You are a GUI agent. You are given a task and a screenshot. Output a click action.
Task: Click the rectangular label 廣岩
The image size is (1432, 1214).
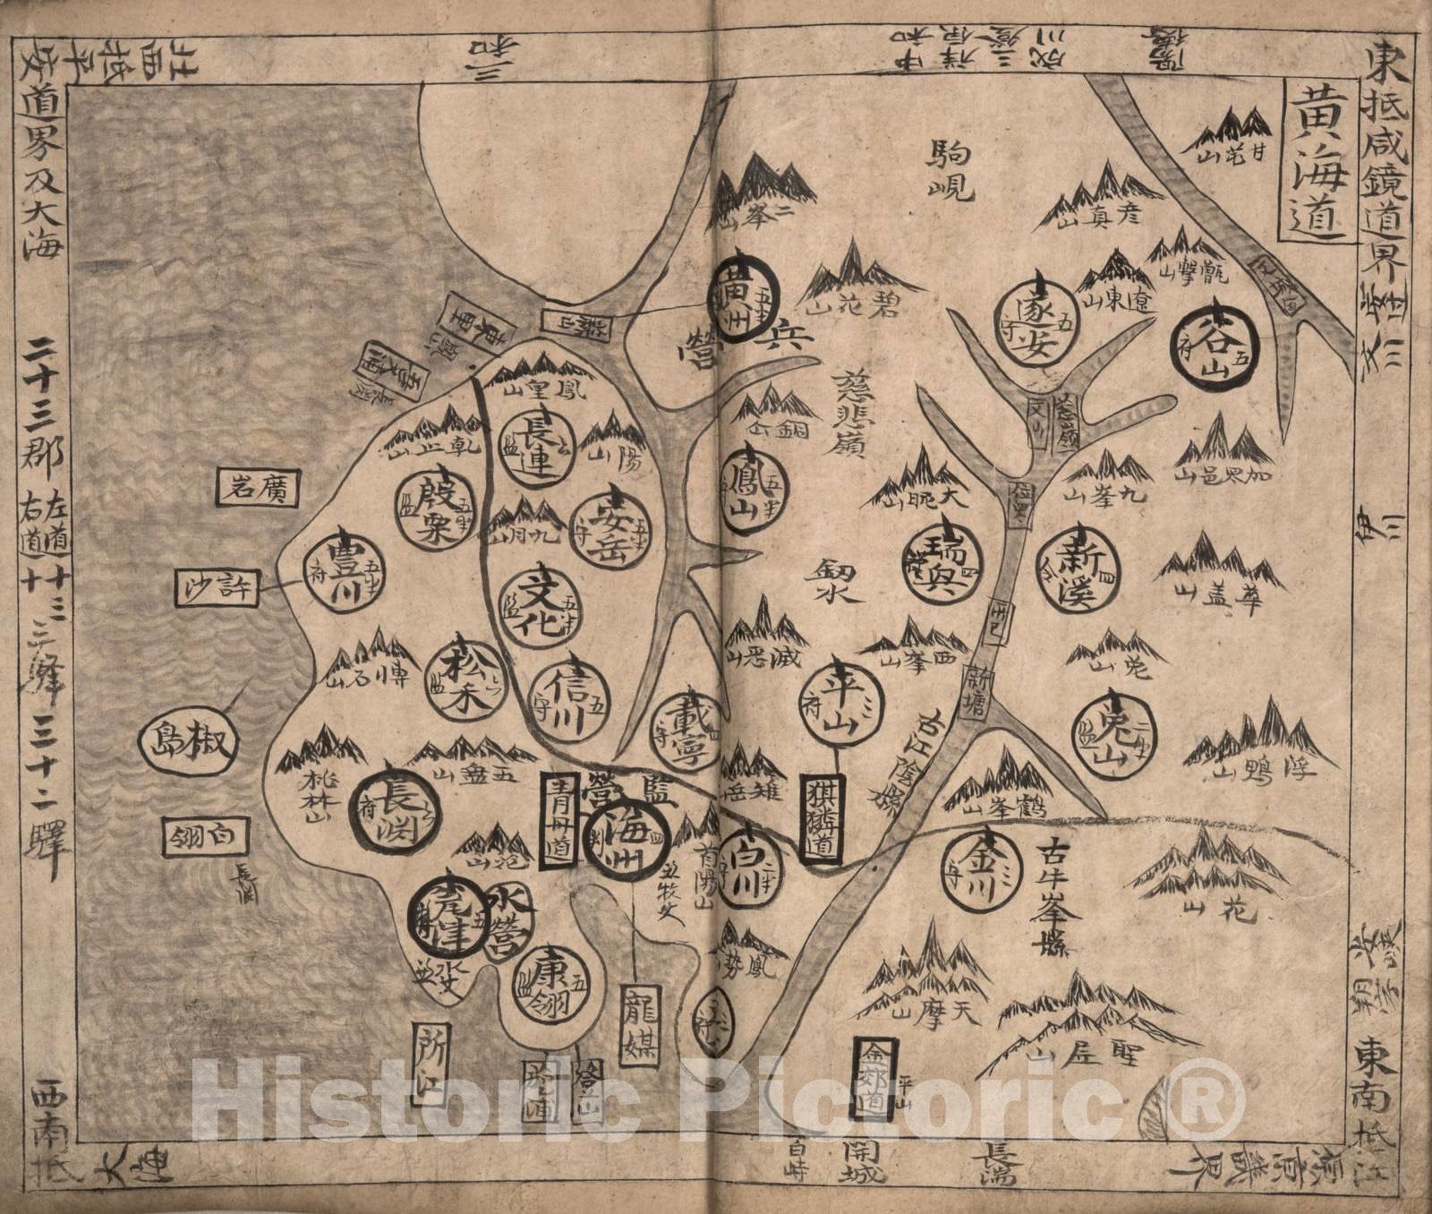pos(258,488)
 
